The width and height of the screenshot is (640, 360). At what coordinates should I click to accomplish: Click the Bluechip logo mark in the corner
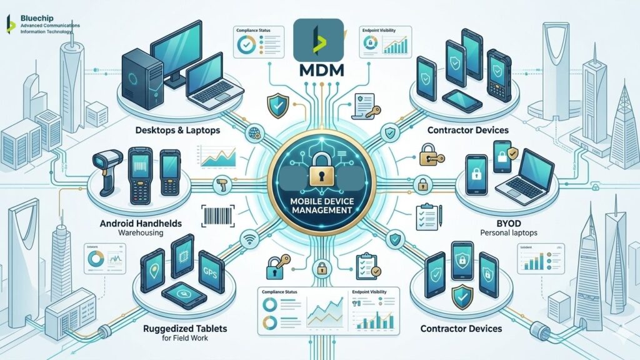point(10,24)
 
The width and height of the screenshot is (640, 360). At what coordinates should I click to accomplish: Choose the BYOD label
point(504,222)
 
